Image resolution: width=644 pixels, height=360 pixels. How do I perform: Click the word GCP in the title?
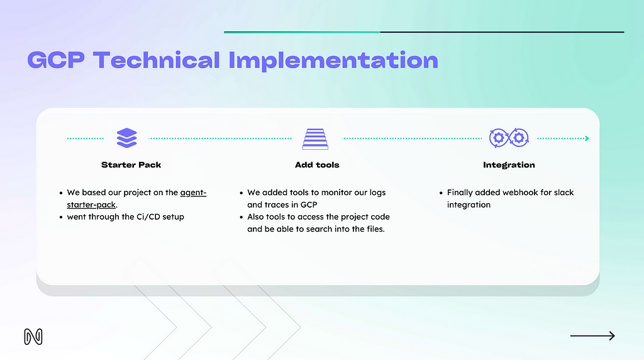coord(56,60)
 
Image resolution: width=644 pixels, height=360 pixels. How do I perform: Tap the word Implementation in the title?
coord(333,61)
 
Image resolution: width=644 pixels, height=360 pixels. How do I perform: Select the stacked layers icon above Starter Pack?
coord(126,138)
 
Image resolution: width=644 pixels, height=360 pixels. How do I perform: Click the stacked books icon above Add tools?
coord(315,138)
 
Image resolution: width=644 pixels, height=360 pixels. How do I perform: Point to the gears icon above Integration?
coord(509,138)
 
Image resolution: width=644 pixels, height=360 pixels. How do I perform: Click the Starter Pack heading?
coord(131,165)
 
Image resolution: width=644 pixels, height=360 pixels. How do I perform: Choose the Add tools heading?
coord(317,165)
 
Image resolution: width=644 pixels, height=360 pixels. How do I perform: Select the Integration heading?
coord(509,165)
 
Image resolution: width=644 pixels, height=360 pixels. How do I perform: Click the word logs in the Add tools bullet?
coord(377,193)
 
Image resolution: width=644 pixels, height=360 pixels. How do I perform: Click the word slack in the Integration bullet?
coord(563,193)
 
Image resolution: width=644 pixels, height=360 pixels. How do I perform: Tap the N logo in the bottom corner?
coord(33,337)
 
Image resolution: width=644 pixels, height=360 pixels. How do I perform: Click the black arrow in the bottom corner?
coord(592,335)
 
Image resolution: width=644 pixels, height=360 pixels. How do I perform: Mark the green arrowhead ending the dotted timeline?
coord(587,138)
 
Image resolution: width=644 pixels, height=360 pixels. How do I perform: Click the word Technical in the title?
coord(157,60)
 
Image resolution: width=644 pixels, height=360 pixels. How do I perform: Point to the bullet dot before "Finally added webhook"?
coord(441,193)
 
